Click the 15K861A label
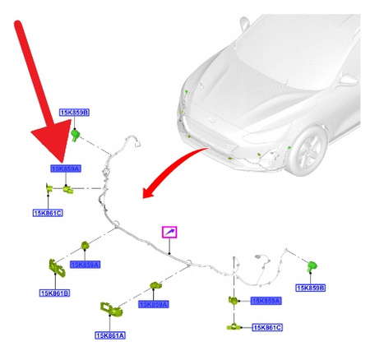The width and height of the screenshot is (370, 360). coord(111,335)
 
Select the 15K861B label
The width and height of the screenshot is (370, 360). coord(54,293)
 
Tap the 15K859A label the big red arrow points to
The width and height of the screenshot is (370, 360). coord(66,168)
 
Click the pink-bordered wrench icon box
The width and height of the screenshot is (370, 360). coord(169,233)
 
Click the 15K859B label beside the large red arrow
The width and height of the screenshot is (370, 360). coord(74,112)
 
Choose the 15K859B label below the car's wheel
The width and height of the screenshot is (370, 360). coord(312,288)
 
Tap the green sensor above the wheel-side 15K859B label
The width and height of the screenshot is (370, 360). coord(312,265)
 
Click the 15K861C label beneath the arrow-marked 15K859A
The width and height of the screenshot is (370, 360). coord(49,213)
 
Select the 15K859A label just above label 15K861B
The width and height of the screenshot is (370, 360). coord(86,265)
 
